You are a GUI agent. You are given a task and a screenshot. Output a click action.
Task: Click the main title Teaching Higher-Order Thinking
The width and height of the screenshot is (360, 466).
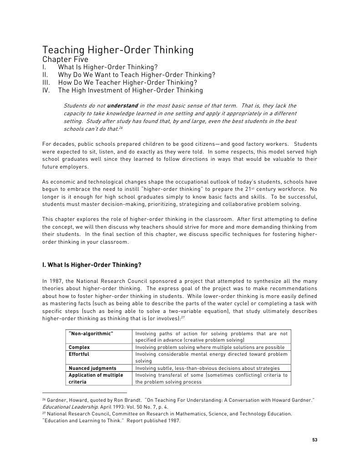[x=118, y=50]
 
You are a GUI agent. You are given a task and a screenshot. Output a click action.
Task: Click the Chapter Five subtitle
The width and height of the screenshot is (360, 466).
[x=65, y=60]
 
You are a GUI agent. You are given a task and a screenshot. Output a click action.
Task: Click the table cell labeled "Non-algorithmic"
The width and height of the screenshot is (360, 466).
[x=91, y=334]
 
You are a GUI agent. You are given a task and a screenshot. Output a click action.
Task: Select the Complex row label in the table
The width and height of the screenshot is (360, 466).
[x=79, y=347]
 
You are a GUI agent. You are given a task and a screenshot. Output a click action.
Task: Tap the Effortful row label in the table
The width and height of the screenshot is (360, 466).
[x=79, y=354]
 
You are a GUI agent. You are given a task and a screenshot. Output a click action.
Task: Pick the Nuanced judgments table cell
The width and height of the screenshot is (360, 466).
[x=92, y=368]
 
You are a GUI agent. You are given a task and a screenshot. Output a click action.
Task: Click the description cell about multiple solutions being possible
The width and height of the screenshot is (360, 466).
[x=210, y=347]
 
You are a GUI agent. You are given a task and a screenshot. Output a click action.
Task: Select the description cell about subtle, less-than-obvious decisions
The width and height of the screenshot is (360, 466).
[x=208, y=368]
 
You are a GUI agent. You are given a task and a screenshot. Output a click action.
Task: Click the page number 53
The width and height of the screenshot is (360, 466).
[x=314, y=440]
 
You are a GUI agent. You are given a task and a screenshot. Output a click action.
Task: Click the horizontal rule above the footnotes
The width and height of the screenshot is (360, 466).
[x=84, y=392]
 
